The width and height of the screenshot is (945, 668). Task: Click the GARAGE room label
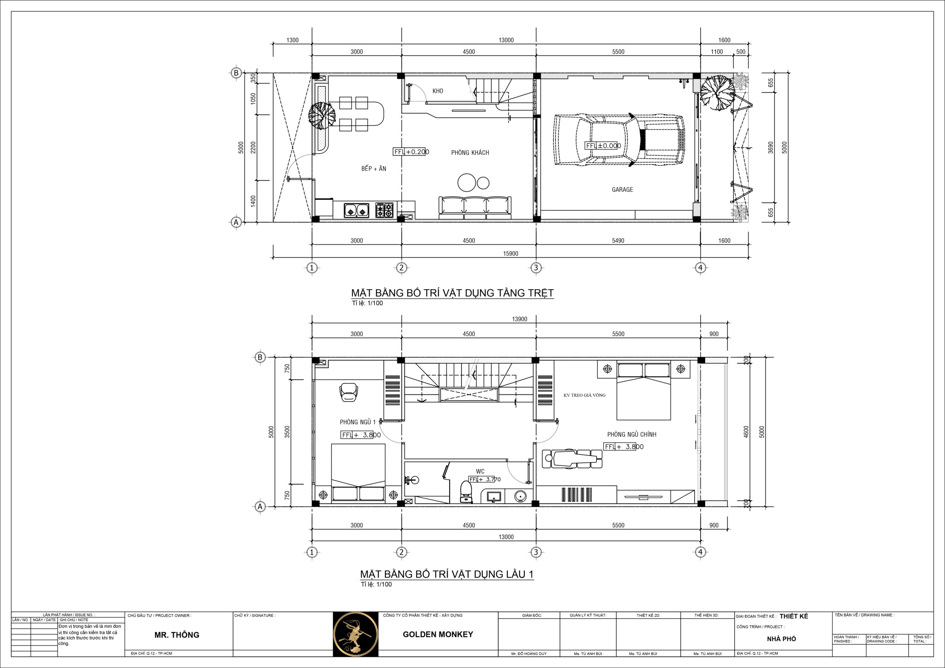(x=622, y=190)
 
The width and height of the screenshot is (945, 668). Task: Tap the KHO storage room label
(x=437, y=91)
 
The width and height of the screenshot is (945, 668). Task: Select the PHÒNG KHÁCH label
(x=470, y=153)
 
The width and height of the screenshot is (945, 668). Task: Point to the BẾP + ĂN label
(x=374, y=169)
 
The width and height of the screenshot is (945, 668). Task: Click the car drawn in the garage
(x=619, y=140)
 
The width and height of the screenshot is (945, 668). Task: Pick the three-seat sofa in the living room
(x=475, y=208)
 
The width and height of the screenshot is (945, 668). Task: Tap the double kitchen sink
(x=356, y=210)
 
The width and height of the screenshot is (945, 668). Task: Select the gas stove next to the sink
(x=384, y=210)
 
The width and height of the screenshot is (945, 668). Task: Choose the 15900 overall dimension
(x=511, y=254)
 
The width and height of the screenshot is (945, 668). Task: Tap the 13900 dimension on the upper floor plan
(x=519, y=319)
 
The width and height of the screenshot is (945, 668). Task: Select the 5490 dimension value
(x=618, y=241)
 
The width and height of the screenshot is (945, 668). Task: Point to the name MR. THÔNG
(x=176, y=635)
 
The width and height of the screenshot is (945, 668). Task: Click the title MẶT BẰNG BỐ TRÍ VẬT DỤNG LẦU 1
(x=447, y=574)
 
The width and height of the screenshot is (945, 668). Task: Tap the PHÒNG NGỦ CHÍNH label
(x=631, y=435)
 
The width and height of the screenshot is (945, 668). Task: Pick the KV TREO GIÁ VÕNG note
(x=584, y=395)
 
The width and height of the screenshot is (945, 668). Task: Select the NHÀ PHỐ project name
(x=781, y=639)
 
